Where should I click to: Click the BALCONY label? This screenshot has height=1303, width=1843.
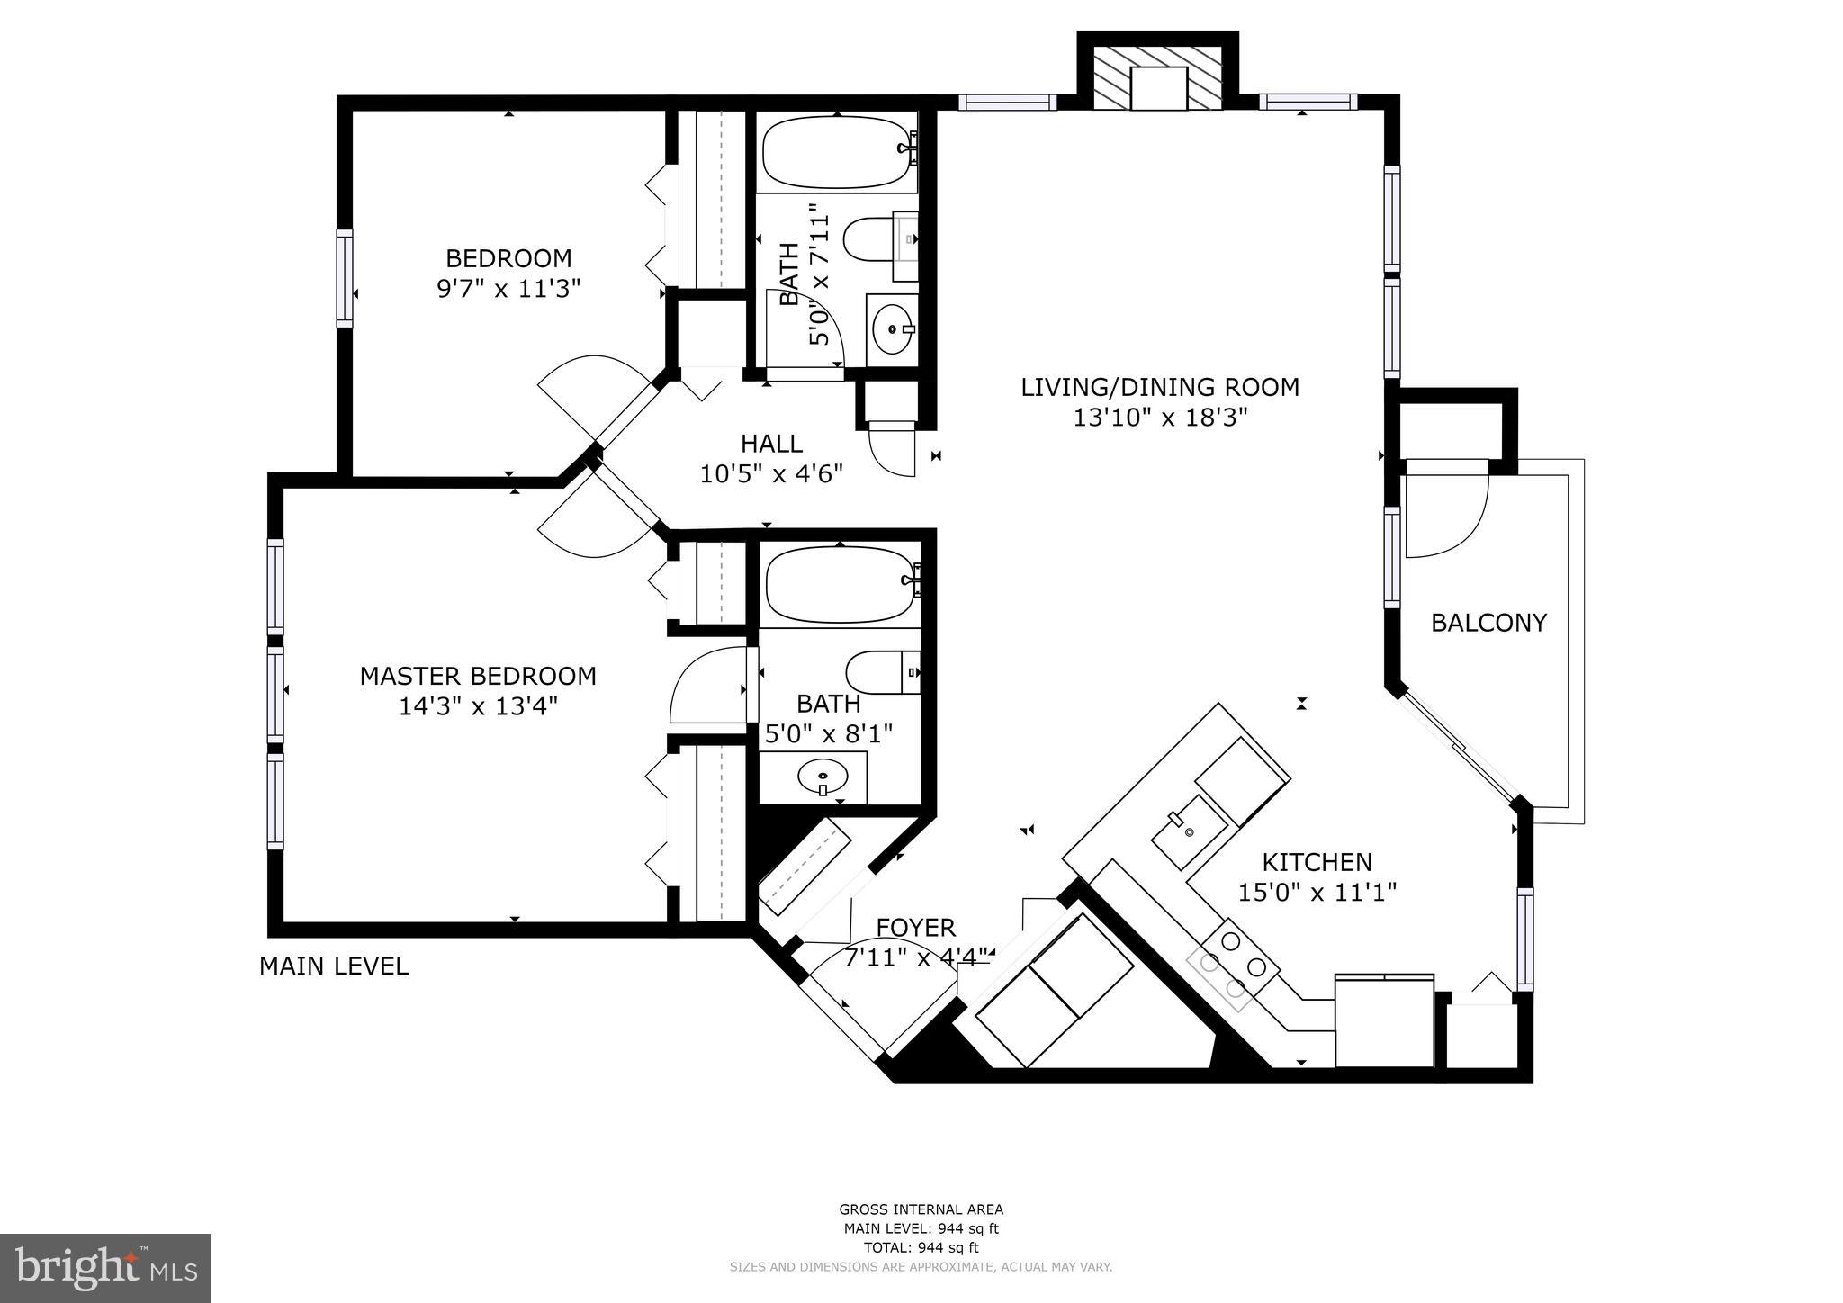[1488, 623]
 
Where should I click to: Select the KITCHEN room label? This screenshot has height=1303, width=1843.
[1317, 862]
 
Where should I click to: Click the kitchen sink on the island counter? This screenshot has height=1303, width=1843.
[1188, 832]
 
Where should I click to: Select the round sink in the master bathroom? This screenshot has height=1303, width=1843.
[823, 775]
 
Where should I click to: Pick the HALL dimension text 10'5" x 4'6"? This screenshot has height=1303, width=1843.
[771, 474]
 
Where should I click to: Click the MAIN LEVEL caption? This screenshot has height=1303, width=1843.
[333, 966]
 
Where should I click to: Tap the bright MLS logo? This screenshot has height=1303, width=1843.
[105, 1269]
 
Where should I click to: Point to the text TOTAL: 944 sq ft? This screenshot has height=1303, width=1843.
[921, 1247]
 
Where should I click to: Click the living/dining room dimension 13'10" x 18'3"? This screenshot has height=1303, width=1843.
[1159, 418]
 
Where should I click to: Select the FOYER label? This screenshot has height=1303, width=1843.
[915, 928]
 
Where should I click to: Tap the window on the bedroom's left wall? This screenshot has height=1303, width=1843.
[345, 277]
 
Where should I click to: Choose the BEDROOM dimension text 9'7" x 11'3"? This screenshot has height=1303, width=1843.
[508, 289]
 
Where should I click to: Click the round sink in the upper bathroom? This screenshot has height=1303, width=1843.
[892, 330]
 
